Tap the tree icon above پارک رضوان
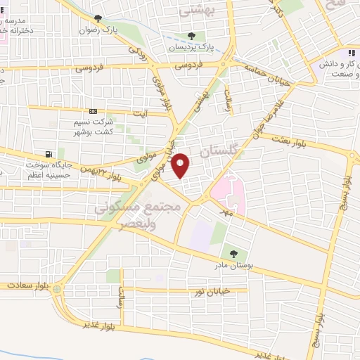(97, 18)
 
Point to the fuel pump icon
(47, 155)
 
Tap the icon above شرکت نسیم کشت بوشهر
(94, 111)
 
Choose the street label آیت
(141, 115)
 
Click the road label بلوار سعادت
(26, 285)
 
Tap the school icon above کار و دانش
(351, 53)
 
